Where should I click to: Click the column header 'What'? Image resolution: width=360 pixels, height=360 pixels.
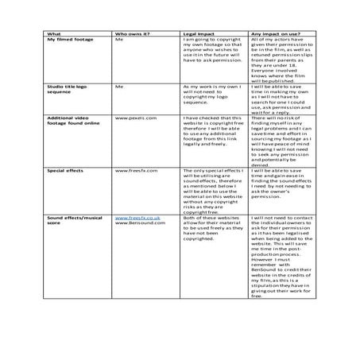click(x=54, y=34)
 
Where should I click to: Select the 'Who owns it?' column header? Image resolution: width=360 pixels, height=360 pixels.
click(x=133, y=34)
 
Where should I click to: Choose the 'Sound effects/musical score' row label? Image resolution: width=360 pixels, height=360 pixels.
click(x=76, y=219)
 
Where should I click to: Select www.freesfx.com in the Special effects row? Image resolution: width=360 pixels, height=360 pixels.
click(x=134, y=170)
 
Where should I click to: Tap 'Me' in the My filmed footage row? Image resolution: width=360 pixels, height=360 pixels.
click(x=119, y=41)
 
